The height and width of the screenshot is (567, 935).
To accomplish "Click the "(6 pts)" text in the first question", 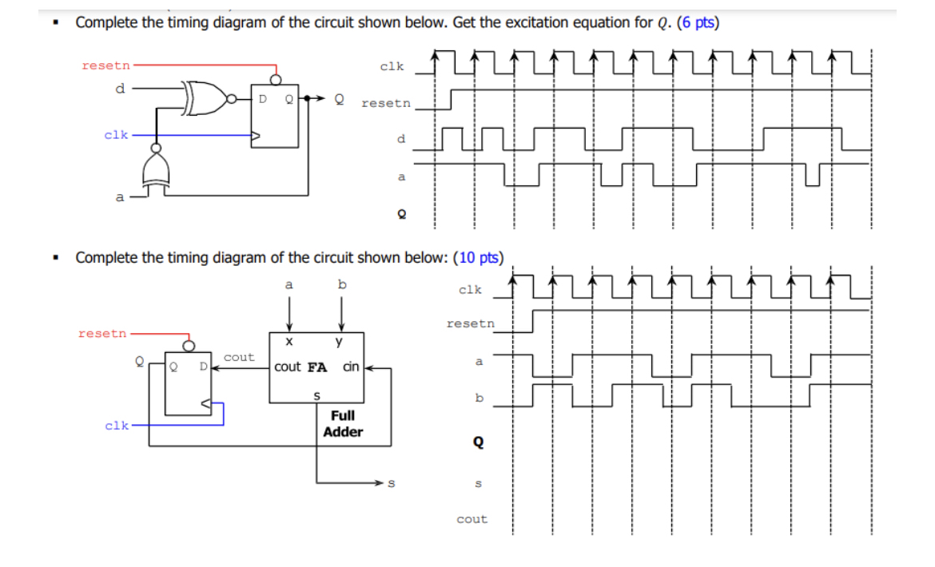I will click(x=698, y=22).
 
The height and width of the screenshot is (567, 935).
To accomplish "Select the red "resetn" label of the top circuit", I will click(x=107, y=65).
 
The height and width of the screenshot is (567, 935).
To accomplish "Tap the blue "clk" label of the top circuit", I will click(x=116, y=135).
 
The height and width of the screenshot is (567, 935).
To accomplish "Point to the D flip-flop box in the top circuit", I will click(x=276, y=116).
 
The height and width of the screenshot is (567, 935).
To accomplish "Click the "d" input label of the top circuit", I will click(x=120, y=88).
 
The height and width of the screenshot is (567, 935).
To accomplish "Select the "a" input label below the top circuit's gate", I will click(x=120, y=196).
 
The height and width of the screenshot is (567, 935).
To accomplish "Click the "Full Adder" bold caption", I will click(x=343, y=424).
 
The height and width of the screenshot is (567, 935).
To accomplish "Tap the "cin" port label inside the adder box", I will click(x=351, y=367).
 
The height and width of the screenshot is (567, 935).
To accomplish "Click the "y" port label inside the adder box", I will click(x=340, y=342).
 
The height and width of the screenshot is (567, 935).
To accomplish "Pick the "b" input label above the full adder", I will click(x=342, y=283).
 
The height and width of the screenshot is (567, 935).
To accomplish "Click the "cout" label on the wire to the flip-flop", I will click(x=239, y=357).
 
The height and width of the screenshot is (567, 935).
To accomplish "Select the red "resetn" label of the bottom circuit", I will click(x=102, y=333).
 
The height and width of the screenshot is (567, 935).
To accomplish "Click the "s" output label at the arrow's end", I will click(x=392, y=482).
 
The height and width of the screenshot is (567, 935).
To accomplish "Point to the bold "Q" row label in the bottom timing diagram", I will click(x=478, y=442).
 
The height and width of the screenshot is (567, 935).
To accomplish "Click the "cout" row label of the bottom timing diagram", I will click(x=471, y=519).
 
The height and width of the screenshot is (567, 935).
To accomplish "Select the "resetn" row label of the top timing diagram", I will click(x=386, y=103).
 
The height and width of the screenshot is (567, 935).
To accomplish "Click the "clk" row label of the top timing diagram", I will click(x=392, y=67).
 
